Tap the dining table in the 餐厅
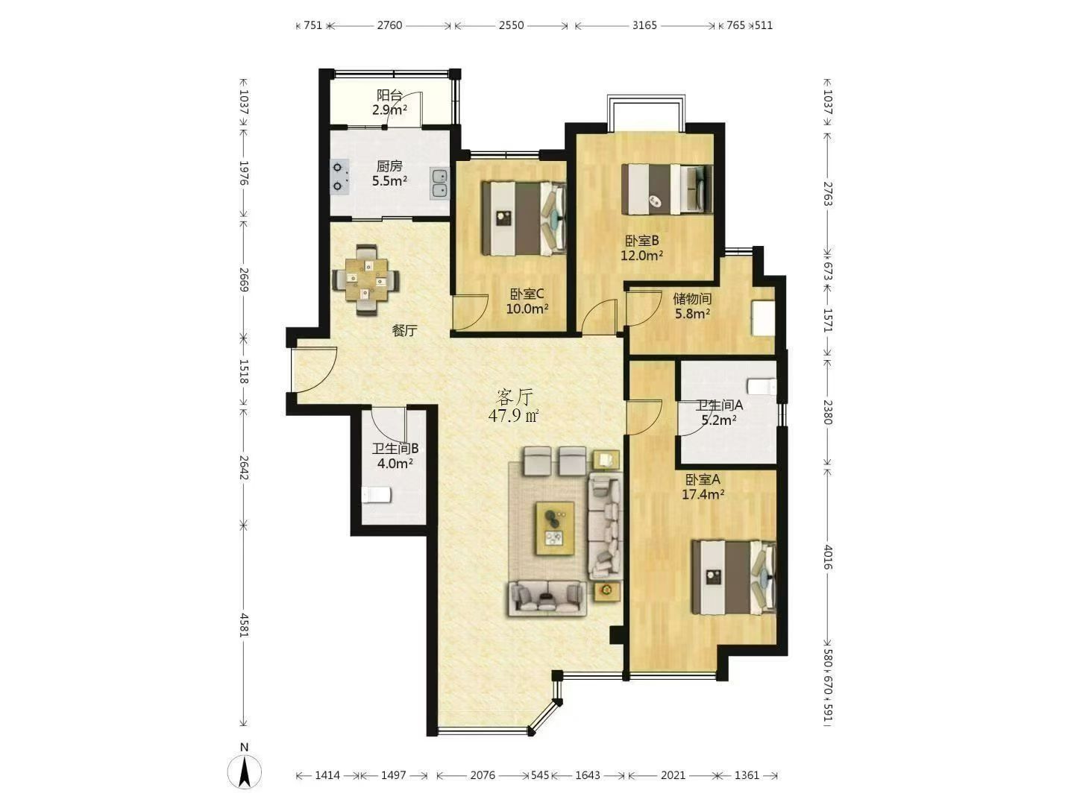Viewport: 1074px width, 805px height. (x=365, y=280)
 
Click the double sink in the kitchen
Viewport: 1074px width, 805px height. (x=439, y=183)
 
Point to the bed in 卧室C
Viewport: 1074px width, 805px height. (x=524, y=218)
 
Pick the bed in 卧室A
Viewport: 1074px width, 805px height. (x=733, y=577)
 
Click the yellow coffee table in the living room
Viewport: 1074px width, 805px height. (x=555, y=528)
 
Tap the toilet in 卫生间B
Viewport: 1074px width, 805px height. (x=376, y=495)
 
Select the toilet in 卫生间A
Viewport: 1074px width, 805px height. (x=761, y=387)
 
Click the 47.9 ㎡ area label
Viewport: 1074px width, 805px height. (x=513, y=416)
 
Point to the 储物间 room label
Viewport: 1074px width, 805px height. (x=692, y=298)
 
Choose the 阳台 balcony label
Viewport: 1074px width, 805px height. (x=389, y=95)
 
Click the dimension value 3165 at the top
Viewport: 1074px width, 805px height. (x=644, y=25)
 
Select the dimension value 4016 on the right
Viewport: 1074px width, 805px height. (x=828, y=557)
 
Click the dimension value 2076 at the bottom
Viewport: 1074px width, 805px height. (x=483, y=775)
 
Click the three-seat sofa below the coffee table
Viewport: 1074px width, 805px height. (x=547, y=598)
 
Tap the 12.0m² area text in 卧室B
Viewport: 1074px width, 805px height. (x=642, y=255)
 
